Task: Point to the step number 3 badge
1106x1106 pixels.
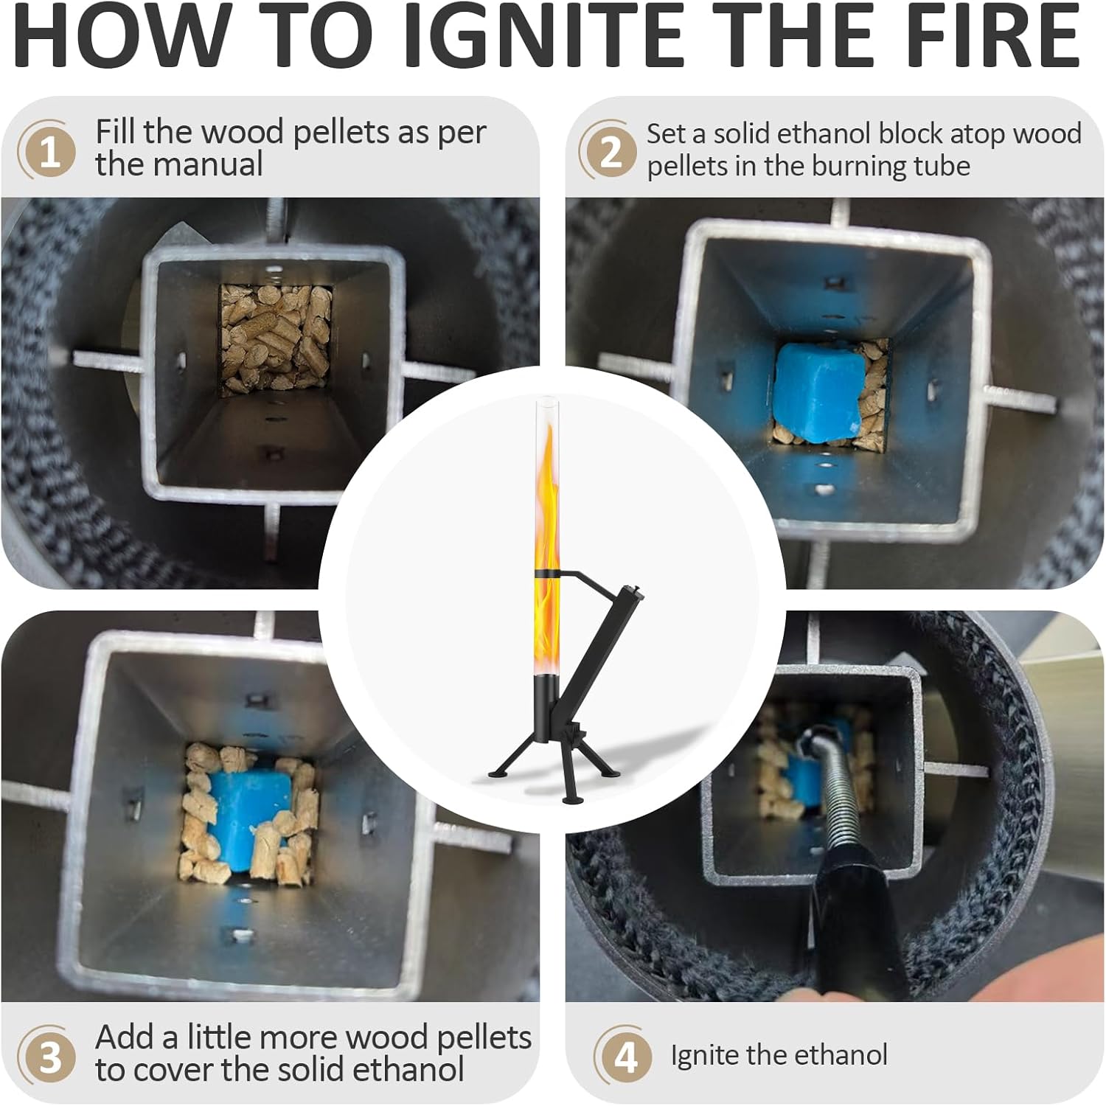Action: [46, 1056]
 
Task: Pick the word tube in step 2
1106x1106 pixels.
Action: [941, 166]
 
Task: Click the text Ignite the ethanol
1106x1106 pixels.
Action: [779, 1055]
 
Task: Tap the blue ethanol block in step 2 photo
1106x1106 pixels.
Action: [818, 392]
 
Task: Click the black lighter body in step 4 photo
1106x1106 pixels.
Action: [855, 929]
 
